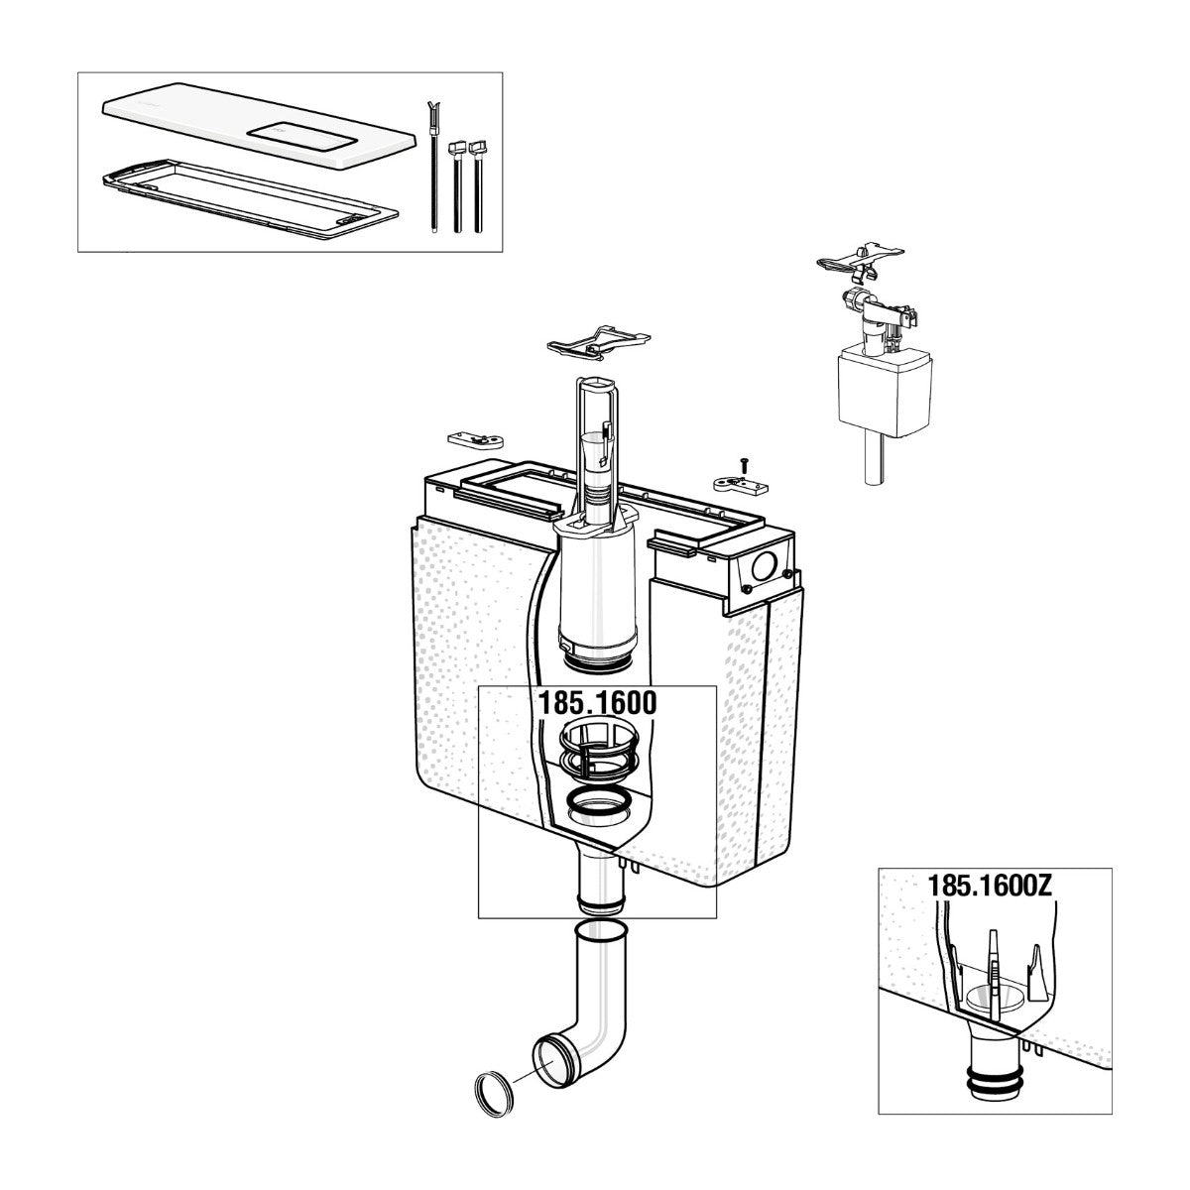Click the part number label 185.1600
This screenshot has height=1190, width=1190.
pyautogui.click(x=597, y=703)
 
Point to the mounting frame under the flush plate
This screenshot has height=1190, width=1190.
pyautogui.click(x=249, y=199)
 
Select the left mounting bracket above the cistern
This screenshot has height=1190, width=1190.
pyautogui.click(x=475, y=440)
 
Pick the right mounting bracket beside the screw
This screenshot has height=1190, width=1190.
pyautogui.click(x=741, y=484)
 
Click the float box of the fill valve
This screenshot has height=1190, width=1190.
pyautogui.click(x=884, y=389)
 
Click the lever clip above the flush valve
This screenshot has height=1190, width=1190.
pyautogui.click(x=598, y=343)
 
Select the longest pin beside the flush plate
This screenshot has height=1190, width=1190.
pyautogui.click(x=433, y=167)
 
